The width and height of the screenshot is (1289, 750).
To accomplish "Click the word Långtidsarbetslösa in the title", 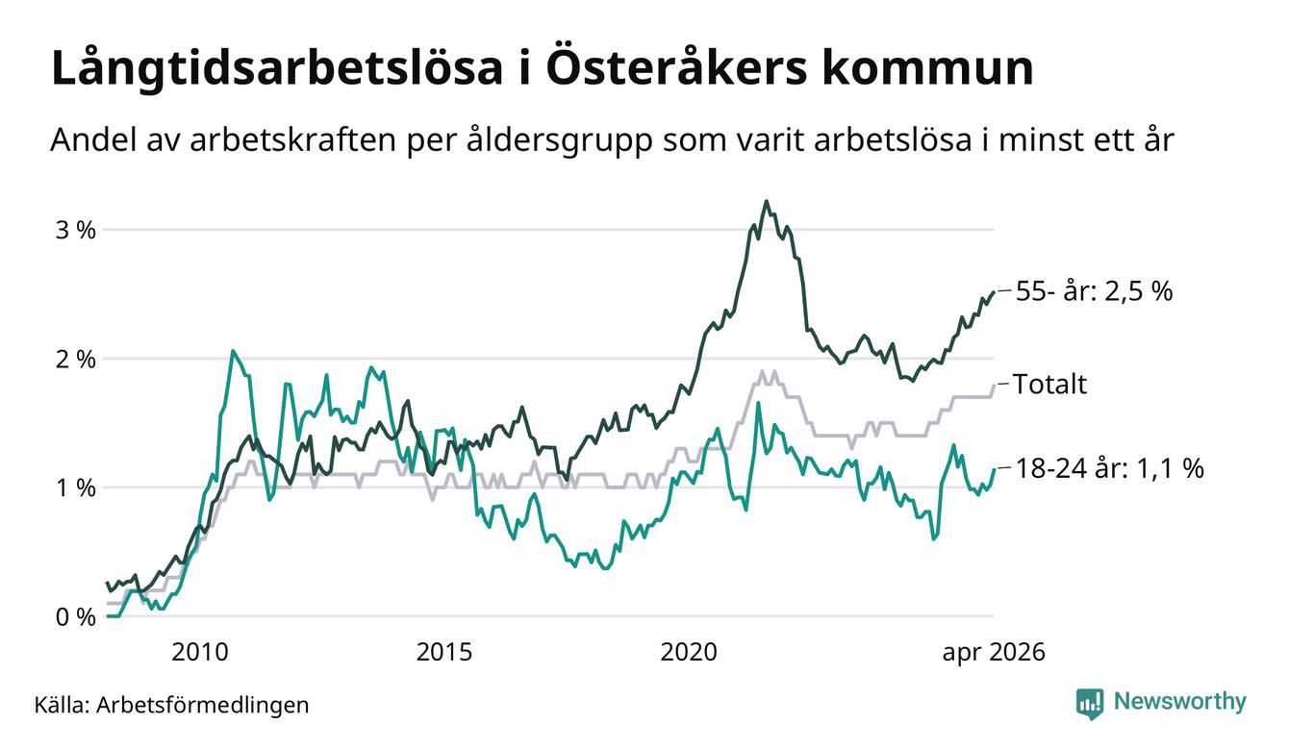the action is coord(277,69).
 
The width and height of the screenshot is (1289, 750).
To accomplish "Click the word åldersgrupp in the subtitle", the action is coord(559,140).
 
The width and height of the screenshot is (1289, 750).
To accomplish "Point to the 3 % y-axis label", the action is coord(75,230).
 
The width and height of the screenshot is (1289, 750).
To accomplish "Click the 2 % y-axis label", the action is coord(75,360).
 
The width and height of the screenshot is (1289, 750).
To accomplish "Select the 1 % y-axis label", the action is coord(75,488).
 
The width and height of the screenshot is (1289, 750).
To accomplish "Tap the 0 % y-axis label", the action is coord(75,617).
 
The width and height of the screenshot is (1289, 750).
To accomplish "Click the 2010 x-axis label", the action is coord(200,652).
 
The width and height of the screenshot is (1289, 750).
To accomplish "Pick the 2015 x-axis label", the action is coord(444,652).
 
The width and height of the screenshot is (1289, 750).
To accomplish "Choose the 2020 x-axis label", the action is coord(689,652).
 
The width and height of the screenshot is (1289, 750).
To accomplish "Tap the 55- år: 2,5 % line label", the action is coord(1094,291).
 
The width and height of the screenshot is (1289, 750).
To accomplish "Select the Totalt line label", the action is coord(1049,384).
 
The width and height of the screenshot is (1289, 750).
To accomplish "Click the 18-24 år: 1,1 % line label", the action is coord(1109,468).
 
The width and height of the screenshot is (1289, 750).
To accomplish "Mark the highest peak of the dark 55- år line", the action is coord(766,201).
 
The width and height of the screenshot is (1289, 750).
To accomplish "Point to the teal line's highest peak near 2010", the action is coord(233,350).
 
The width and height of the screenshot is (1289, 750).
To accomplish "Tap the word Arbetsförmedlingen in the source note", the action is coord(203,705).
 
